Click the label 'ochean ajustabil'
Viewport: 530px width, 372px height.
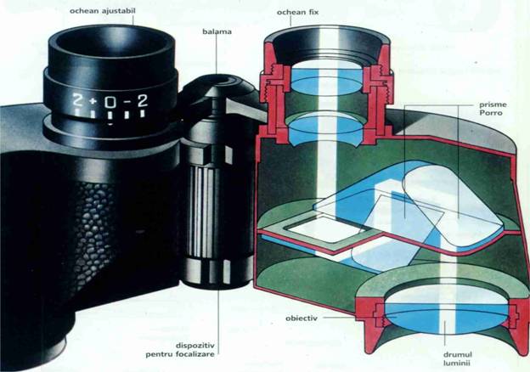(103, 11)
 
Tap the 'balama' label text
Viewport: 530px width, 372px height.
(217, 31)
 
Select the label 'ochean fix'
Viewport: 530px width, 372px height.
(297, 13)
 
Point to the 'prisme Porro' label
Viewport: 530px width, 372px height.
(493, 109)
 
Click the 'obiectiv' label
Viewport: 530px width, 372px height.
(302, 318)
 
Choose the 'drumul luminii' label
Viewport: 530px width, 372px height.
(458, 358)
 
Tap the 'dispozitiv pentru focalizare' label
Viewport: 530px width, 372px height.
(180, 350)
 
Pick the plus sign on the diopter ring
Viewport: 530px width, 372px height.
(93, 101)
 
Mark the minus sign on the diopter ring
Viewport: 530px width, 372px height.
(127, 101)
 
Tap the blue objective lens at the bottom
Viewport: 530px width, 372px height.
(446, 318)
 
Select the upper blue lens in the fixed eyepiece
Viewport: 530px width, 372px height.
(327, 81)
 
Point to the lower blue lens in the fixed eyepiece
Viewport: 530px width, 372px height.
(326, 130)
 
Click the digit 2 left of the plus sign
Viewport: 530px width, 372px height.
(78, 101)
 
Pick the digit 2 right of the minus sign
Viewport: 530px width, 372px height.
(143, 101)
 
